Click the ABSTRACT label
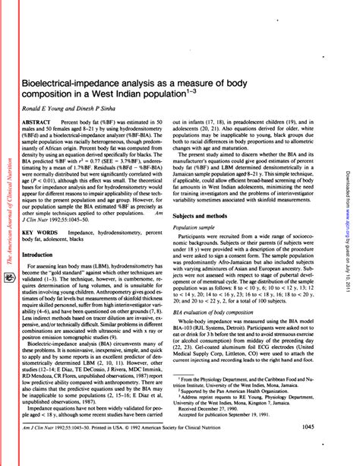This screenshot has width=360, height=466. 38,122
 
